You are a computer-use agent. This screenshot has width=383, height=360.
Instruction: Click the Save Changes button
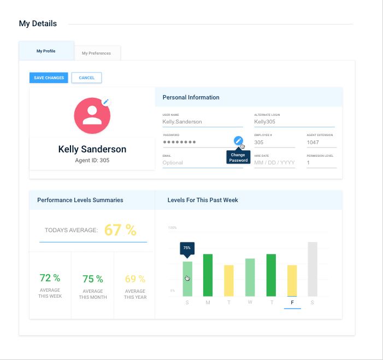[49, 78]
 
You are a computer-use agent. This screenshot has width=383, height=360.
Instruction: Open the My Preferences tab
[96, 53]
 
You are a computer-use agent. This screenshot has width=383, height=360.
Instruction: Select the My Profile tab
[46, 51]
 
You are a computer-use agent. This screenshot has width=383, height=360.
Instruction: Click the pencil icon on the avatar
[106, 102]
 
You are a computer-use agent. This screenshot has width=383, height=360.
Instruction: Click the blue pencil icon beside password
[238, 141]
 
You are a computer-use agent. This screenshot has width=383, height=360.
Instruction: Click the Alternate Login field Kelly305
[294, 122]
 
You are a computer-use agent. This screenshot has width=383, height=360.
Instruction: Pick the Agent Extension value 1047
[321, 142]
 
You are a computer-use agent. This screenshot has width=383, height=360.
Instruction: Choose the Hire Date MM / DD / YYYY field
[274, 162]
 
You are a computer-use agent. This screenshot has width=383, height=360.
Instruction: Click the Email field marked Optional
[195, 162]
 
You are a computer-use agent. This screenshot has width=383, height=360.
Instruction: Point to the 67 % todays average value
[120, 230]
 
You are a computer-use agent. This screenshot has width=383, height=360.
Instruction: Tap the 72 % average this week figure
[50, 278]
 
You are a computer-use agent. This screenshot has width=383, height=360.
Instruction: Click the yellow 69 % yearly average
[135, 279]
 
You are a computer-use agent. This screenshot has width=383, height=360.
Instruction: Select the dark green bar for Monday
[208, 275]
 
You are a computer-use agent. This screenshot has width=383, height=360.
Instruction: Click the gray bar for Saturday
[313, 269]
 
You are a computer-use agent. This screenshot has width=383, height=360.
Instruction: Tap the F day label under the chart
[292, 302]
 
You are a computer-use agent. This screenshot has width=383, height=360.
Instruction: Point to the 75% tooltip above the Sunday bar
[187, 248]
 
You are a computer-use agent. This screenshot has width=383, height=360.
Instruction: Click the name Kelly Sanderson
[92, 149]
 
